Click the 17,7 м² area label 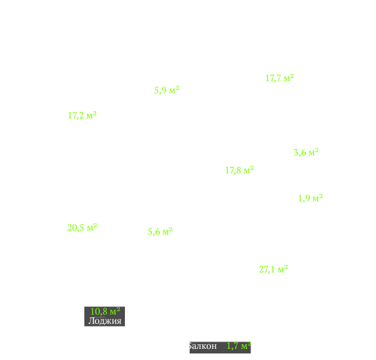tap(280, 79)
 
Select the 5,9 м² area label tap(167, 90)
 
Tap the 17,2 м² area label tap(82, 115)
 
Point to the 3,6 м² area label tap(306, 153)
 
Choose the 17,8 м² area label tap(239, 170)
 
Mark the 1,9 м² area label tap(311, 198)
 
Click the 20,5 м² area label tap(82, 228)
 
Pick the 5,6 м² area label tap(160, 232)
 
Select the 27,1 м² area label tap(273, 269)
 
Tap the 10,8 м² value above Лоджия tap(105, 312)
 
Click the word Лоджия tap(105, 321)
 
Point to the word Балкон tap(203, 346)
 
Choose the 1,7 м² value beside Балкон tap(239, 346)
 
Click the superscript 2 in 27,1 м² tap(286, 267)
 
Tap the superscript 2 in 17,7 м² tap(292, 76)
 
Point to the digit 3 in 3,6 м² tap(296, 153)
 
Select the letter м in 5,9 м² tap(172, 91)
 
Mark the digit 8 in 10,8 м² tap(105, 312)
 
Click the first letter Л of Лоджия tap(91, 321)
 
